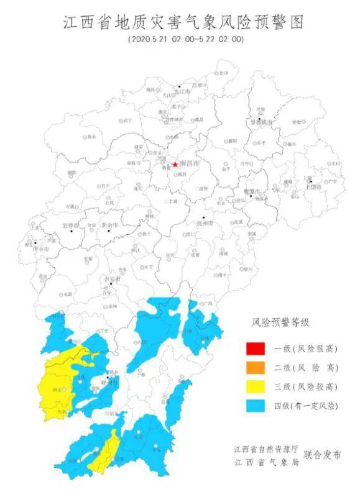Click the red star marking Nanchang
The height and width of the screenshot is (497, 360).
pos(175,165)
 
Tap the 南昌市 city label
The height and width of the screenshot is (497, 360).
pos(189,164)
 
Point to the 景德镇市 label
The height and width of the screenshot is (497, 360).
pos(262,123)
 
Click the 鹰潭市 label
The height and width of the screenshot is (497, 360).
pos(255,191)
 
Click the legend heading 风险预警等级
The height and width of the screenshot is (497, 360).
pos(280,322)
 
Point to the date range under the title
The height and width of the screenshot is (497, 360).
pos(186,39)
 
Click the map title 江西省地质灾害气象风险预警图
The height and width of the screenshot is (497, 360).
pos(185,23)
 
